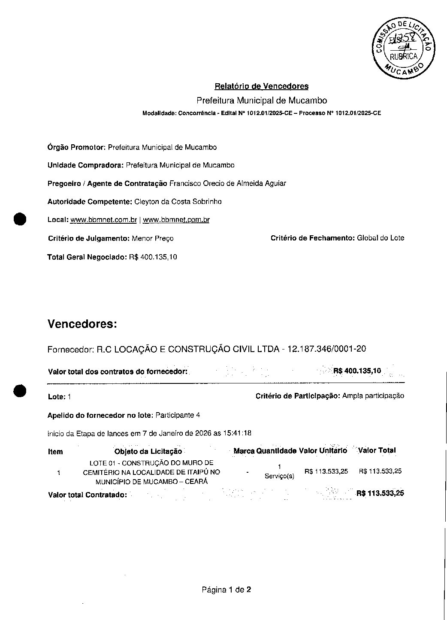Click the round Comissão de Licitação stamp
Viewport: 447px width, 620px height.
[402, 48]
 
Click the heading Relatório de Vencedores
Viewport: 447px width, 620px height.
[261, 86]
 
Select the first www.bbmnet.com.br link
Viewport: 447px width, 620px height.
[103, 220]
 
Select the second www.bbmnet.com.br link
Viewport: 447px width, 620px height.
[176, 220]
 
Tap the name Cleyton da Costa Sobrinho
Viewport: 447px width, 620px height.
[178, 201]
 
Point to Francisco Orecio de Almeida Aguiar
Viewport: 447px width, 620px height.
[227, 183]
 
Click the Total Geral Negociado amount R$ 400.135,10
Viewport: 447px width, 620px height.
[153, 257]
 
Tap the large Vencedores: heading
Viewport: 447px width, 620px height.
[82, 324]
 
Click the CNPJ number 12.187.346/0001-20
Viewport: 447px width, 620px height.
[326, 349]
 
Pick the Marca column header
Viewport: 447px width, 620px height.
[244, 451]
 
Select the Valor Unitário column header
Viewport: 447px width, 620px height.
[323, 451]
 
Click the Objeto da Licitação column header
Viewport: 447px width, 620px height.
[148, 451]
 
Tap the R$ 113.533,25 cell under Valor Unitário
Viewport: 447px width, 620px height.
[326, 471]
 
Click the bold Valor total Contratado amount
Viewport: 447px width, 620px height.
[380, 493]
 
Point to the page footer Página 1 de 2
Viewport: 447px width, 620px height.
[227, 590]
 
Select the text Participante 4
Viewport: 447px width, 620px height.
[178, 415]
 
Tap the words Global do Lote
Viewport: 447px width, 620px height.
[381, 238]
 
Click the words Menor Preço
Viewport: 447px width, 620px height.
[153, 238]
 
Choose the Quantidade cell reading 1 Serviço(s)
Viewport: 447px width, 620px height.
[279, 471]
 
